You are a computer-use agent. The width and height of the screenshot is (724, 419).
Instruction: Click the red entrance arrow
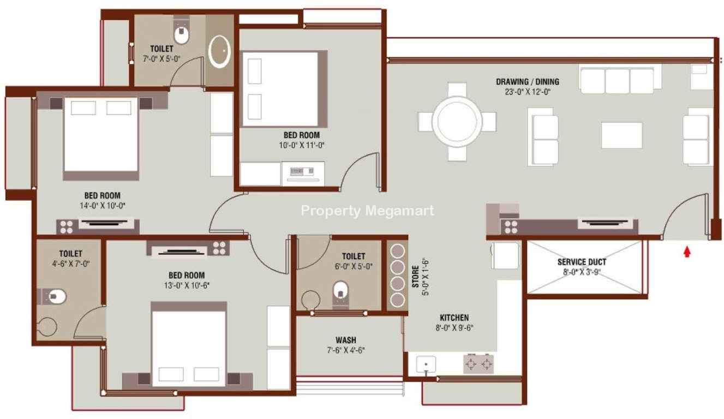[x=687, y=252]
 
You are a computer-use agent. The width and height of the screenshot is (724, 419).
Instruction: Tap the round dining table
[x=457, y=122]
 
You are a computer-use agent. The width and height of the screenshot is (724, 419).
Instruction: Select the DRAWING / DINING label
[x=528, y=82]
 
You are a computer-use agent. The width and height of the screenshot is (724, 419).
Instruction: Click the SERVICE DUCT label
[x=582, y=262]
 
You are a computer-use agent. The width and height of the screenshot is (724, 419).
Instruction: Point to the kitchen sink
[x=426, y=364]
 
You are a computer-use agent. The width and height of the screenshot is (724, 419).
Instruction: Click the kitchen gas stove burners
[x=478, y=364]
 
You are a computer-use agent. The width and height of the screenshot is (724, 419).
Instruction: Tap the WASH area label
[x=346, y=340]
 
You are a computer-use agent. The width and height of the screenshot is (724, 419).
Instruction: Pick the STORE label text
[x=416, y=277]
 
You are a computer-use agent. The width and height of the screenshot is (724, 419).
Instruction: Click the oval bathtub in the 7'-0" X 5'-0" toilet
[x=219, y=51]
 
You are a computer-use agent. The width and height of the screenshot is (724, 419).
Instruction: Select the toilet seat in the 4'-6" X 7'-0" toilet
[x=56, y=296]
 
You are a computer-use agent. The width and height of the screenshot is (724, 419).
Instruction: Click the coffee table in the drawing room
[x=621, y=135]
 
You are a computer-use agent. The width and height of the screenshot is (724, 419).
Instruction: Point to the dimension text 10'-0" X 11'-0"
[x=302, y=145]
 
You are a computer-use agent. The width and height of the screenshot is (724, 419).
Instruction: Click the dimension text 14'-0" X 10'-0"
[x=103, y=206]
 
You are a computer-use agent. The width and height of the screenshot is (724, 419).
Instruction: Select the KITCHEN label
[x=454, y=318]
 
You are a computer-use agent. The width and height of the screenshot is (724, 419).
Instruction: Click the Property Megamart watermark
[x=367, y=211]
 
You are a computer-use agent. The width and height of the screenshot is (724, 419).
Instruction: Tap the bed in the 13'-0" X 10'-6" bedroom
[x=189, y=344]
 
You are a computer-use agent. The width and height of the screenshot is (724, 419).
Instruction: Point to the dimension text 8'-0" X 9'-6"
[x=454, y=328]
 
